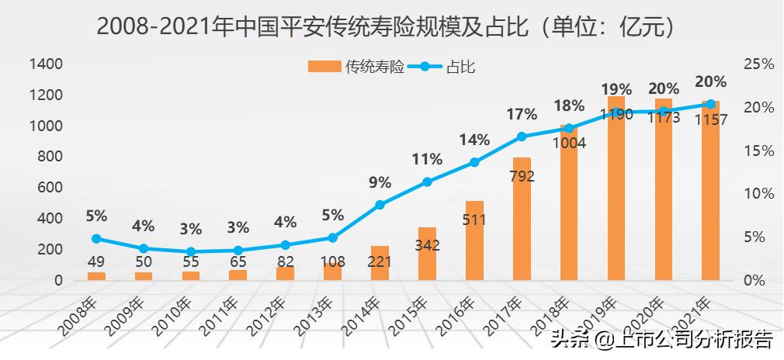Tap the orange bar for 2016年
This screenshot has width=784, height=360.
474,241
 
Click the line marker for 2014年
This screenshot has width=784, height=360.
380,205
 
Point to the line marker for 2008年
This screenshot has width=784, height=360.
96,239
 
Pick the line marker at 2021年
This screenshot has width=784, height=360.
711,104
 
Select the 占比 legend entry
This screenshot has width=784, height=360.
442,67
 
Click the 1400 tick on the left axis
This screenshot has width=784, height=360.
46,64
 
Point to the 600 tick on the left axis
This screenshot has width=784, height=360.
48,188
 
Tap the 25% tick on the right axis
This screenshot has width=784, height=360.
758,64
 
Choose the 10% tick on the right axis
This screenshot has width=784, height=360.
758,193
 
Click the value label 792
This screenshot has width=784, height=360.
522,177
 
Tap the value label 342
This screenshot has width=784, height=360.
427,246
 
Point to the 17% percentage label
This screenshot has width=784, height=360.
522,115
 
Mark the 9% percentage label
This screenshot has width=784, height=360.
380,183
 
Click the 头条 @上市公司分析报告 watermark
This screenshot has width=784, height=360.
661,339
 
